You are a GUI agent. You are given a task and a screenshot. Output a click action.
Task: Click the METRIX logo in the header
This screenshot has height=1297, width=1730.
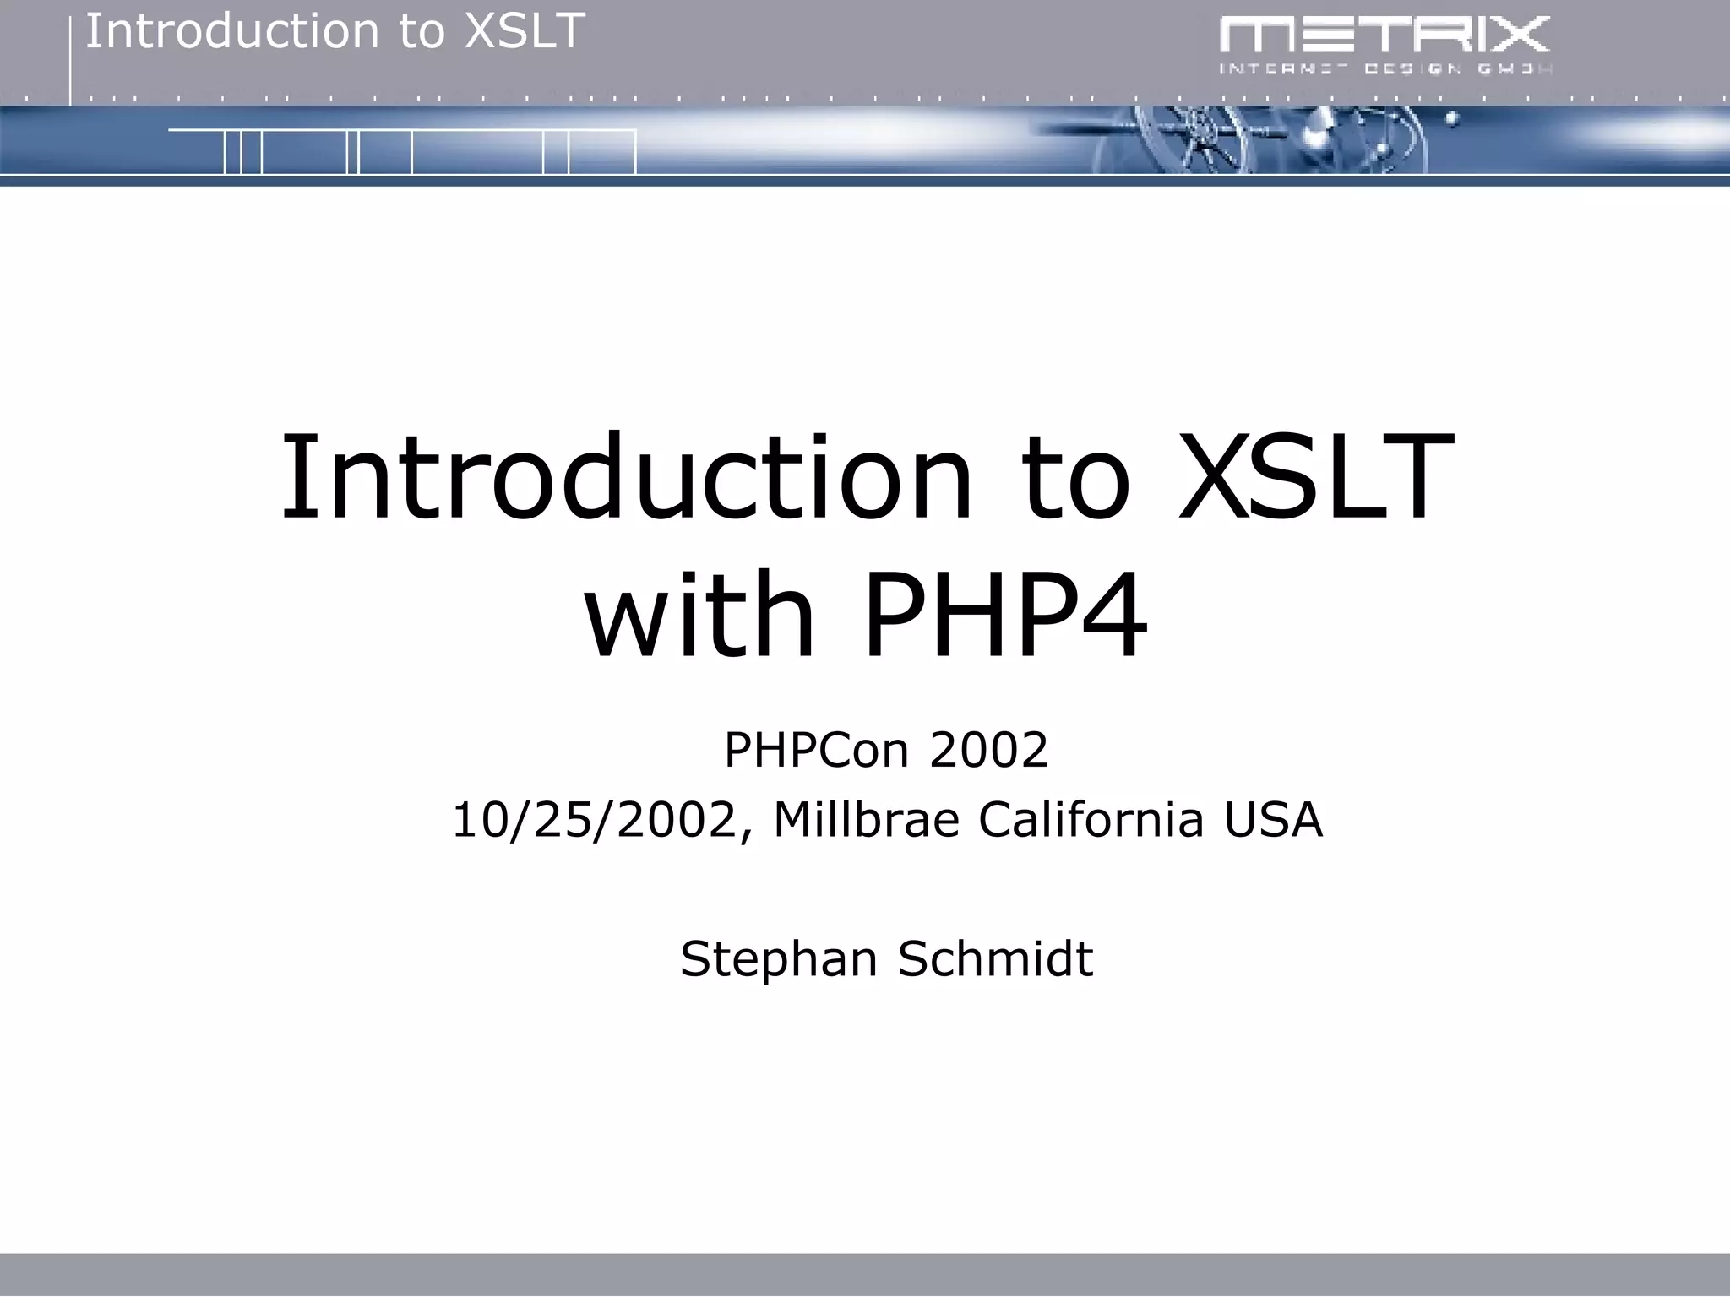(x=1384, y=35)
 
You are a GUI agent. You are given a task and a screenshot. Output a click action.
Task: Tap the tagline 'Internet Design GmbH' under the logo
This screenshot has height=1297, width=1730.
(x=1384, y=69)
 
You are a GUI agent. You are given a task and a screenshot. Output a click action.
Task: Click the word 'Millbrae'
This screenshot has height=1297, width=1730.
(x=866, y=820)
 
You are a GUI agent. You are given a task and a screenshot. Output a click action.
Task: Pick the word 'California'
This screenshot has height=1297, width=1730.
(x=1091, y=820)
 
